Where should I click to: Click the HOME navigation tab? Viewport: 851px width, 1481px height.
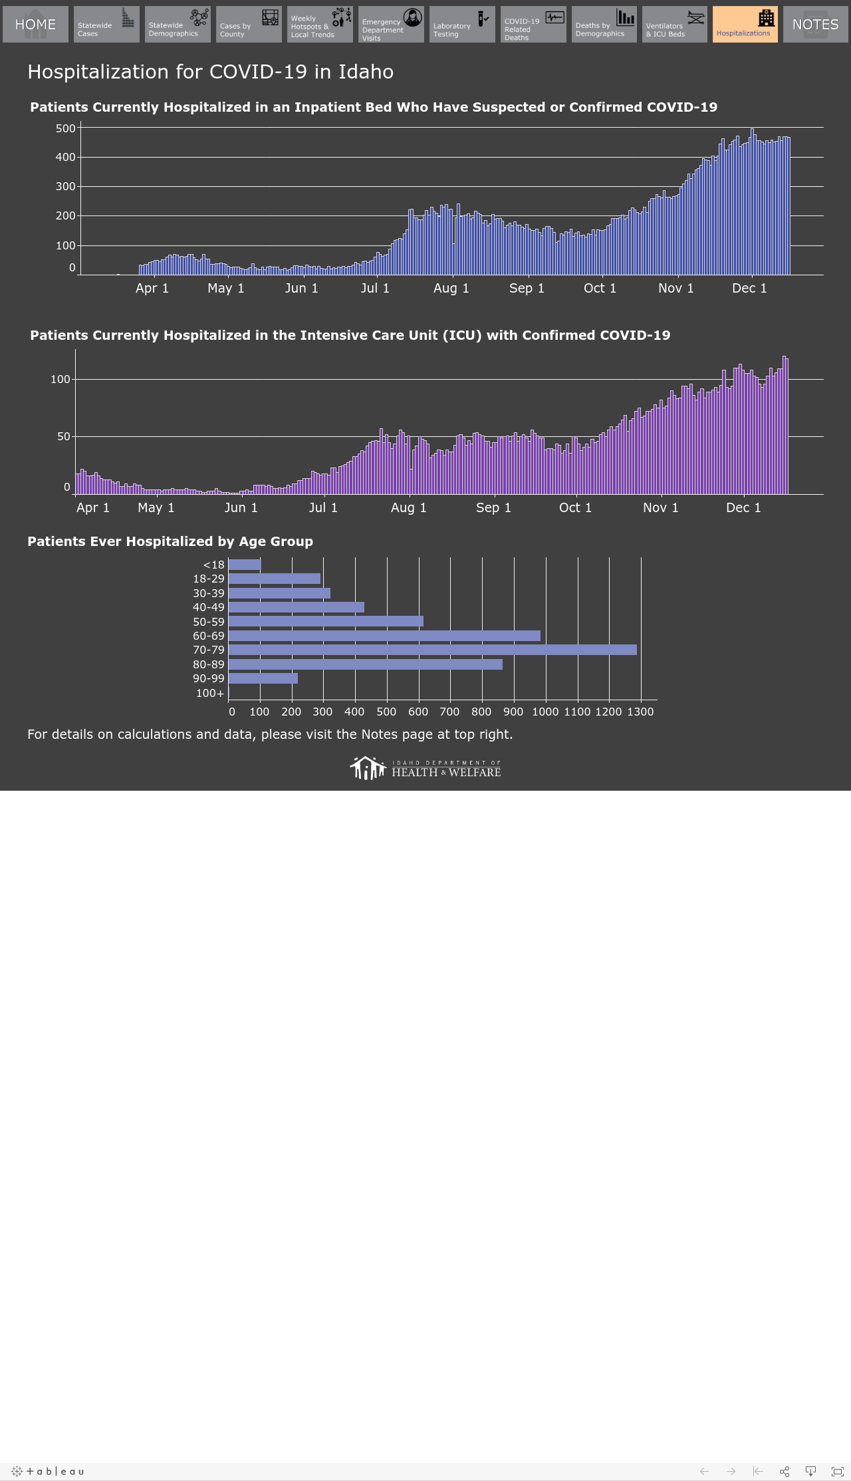click(x=35, y=25)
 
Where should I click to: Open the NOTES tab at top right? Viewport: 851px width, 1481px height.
click(x=815, y=25)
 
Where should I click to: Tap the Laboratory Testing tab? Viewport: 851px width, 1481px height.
click(x=462, y=25)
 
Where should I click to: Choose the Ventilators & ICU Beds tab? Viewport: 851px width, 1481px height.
click(x=675, y=25)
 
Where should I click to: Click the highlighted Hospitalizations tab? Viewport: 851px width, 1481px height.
click(x=745, y=25)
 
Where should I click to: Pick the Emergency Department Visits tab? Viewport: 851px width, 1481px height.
click(x=391, y=25)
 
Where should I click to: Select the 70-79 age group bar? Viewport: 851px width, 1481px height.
click(x=432, y=650)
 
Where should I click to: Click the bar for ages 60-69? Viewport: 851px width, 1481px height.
click(x=384, y=636)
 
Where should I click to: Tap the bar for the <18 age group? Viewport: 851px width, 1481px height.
click(x=245, y=565)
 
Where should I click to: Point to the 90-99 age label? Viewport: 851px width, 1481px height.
click(x=209, y=678)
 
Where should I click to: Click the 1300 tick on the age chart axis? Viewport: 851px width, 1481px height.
click(x=641, y=712)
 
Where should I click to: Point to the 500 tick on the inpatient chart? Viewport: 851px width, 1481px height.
click(x=66, y=128)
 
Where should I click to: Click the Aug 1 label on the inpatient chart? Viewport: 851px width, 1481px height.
click(x=451, y=288)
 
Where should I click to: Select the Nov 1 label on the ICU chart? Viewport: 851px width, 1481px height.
click(x=661, y=507)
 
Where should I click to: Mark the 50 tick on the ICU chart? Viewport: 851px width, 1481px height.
click(x=63, y=436)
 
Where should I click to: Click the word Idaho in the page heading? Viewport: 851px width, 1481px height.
click(x=366, y=72)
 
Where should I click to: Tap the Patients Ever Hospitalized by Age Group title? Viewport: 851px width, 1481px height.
click(x=170, y=541)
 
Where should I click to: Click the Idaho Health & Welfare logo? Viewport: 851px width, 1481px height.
click(x=425, y=768)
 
